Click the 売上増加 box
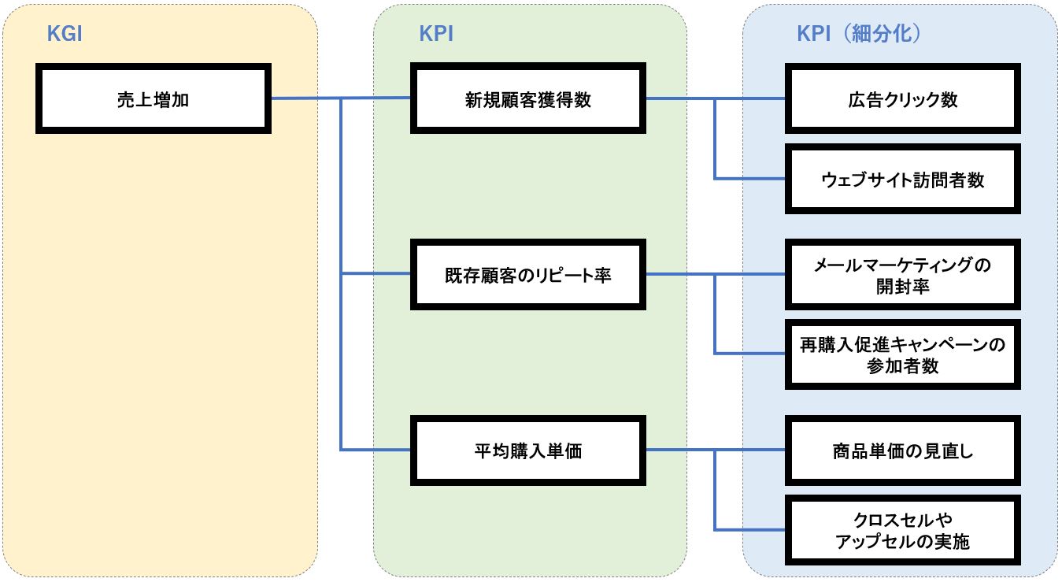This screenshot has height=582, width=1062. click(153, 99)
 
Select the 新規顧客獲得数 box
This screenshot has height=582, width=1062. click(527, 99)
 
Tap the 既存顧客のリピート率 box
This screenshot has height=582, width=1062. click(527, 275)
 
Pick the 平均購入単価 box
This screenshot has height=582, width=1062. click(527, 450)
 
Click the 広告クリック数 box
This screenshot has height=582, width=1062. click(902, 99)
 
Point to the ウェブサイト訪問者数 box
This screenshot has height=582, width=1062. click(902, 179)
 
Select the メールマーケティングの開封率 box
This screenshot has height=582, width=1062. click(902, 275)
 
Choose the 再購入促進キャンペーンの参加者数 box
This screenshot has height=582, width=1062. click(902, 354)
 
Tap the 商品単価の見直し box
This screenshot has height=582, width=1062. click(902, 450)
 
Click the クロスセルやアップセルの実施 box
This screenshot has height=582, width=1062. click(902, 530)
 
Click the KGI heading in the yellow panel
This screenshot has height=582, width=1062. click(65, 34)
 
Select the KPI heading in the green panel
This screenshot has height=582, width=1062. click(436, 34)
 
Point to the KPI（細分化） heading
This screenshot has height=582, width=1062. click(860, 34)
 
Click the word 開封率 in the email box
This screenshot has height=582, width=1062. click(902, 286)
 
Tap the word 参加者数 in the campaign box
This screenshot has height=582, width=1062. click(902, 365)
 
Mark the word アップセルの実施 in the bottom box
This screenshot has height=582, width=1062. click(902, 541)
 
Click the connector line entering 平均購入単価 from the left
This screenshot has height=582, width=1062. click(376, 450)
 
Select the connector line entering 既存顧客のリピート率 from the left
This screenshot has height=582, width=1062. click(376, 274)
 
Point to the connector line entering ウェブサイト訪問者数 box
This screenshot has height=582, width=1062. click(752, 179)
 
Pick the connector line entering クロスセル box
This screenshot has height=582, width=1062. click(752, 529)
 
